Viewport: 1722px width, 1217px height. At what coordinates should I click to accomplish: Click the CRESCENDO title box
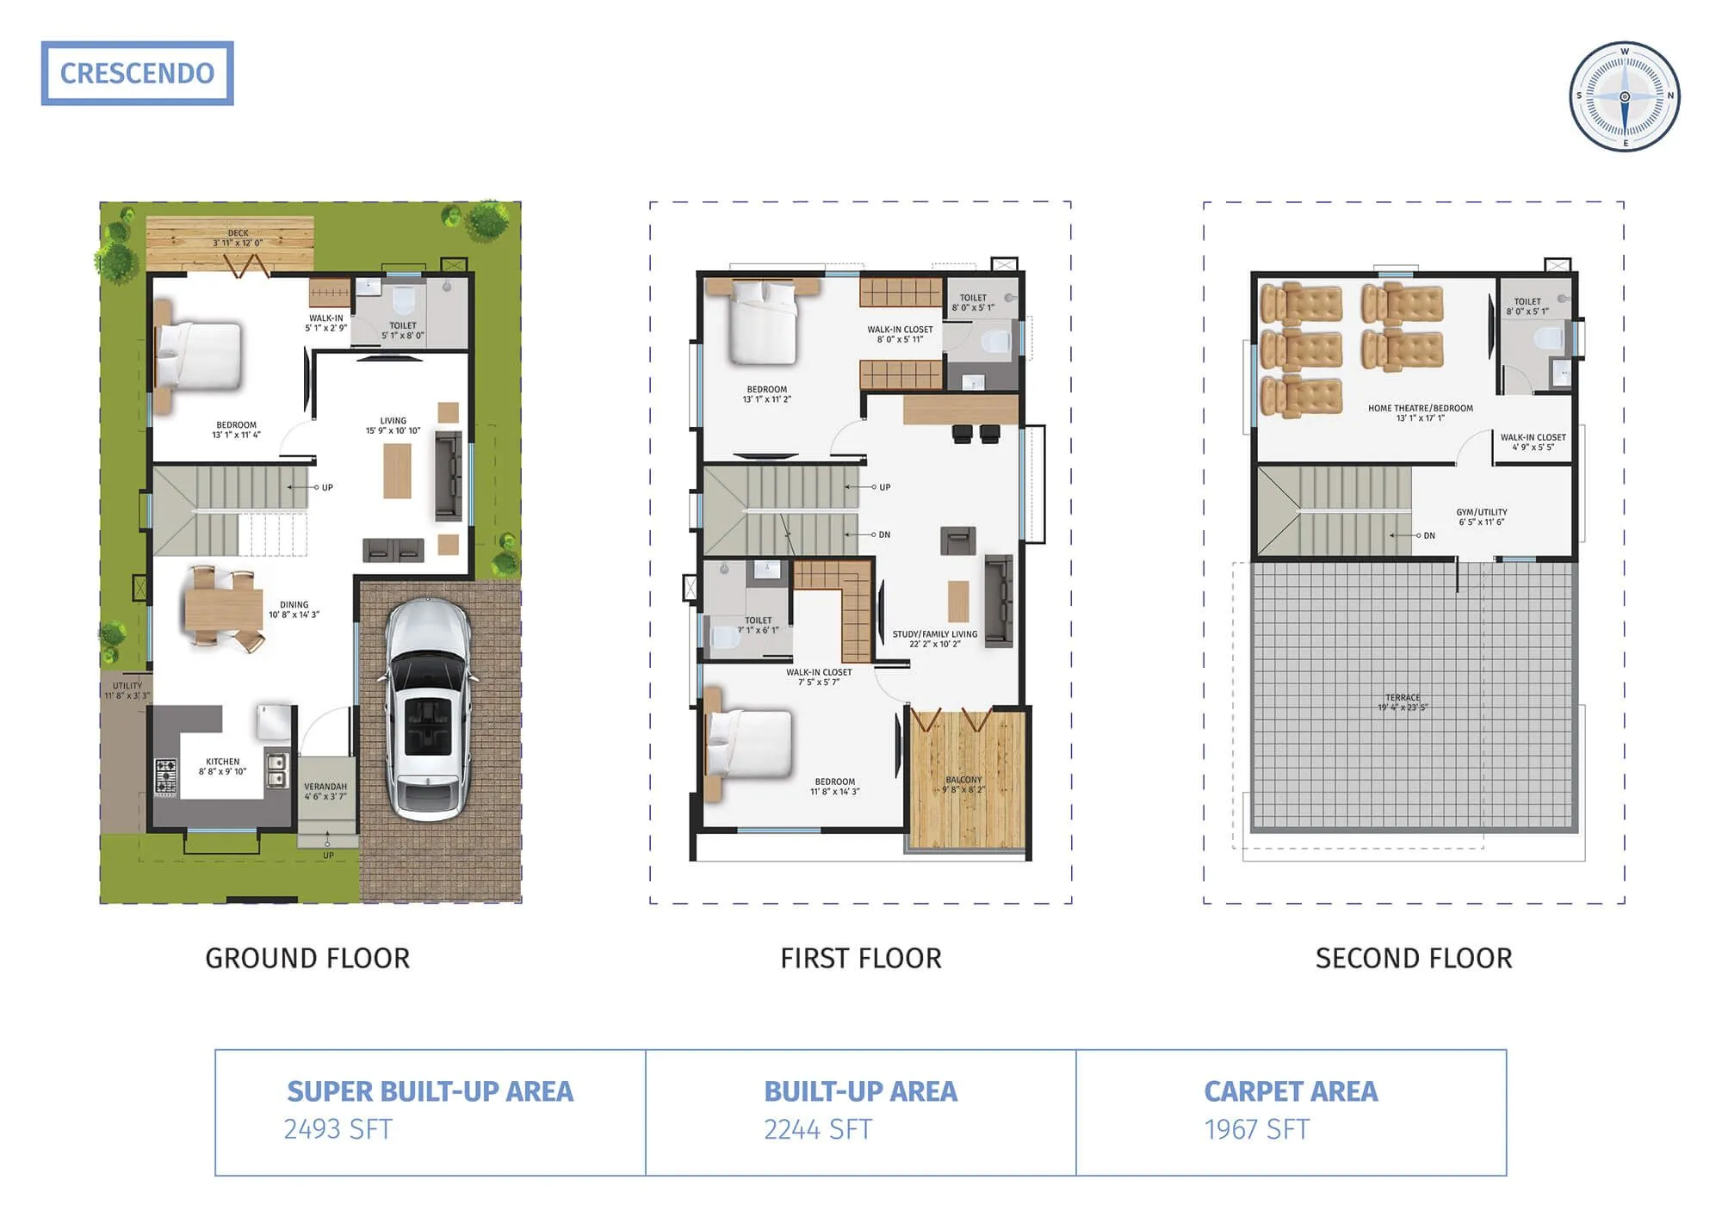[137, 73]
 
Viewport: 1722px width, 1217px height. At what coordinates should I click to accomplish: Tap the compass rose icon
[1624, 96]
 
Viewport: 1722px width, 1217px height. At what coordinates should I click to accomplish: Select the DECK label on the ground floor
[238, 233]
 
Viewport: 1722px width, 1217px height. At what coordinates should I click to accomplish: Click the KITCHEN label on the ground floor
[222, 762]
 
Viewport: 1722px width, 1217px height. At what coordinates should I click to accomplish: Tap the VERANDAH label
[325, 787]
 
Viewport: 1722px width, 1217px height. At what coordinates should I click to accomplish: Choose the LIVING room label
[393, 421]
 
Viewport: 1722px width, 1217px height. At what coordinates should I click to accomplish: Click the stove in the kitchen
[165, 775]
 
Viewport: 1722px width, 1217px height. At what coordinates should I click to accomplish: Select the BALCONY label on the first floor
[963, 780]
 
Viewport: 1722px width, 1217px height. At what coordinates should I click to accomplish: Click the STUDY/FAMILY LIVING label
[934, 634]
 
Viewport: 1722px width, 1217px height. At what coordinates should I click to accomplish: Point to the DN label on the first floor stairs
[884, 534]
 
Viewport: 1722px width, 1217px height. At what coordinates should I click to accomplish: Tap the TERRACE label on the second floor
[1403, 698]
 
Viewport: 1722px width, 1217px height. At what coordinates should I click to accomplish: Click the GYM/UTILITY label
[1481, 512]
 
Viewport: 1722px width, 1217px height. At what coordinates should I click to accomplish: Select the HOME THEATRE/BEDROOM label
[1420, 408]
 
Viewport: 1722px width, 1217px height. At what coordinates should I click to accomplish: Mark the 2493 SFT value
[338, 1129]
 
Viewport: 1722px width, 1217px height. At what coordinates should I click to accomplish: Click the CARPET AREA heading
[1290, 1091]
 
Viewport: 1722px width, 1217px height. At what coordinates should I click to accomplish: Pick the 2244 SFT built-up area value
[817, 1129]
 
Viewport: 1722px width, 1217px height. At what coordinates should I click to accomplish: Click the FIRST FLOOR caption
[860, 958]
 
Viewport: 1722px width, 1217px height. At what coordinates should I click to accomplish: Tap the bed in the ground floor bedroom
[200, 355]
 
